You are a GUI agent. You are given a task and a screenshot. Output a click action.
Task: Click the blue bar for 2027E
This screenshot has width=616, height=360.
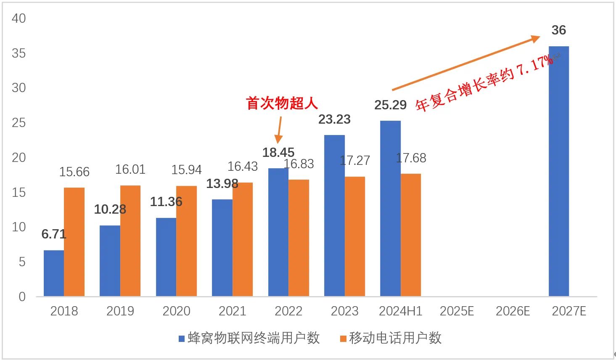click(x=558, y=171)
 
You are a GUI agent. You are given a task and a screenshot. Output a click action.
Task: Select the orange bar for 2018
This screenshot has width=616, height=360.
click(x=74, y=242)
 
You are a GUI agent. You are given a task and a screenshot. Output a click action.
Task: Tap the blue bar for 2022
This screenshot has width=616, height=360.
click(x=278, y=232)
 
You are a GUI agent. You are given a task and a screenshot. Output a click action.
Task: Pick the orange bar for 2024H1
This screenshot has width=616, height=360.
click(x=411, y=235)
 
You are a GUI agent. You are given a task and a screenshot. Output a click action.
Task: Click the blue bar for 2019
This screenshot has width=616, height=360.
click(x=110, y=261)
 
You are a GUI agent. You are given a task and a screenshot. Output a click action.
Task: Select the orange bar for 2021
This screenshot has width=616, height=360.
click(x=243, y=239)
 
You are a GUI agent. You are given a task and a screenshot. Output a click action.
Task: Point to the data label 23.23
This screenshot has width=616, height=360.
click(x=334, y=119)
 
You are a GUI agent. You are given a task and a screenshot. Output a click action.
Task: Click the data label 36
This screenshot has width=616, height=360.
click(x=558, y=30)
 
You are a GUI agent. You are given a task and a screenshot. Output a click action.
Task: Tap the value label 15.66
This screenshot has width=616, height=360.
click(x=74, y=172)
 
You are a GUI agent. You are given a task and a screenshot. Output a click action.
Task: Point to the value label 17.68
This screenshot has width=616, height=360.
click(x=411, y=158)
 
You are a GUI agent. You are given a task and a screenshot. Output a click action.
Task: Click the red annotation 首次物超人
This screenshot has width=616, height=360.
click(x=282, y=103)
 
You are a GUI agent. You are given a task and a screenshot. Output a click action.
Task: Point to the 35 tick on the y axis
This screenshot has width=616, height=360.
click(x=19, y=53)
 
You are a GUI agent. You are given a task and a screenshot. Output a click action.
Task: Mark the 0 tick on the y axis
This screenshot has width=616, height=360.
click(x=22, y=296)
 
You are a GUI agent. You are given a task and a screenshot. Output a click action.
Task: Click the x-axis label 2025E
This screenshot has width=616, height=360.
click(x=457, y=311)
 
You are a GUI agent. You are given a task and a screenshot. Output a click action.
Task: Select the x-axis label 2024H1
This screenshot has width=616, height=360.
click(x=400, y=311)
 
